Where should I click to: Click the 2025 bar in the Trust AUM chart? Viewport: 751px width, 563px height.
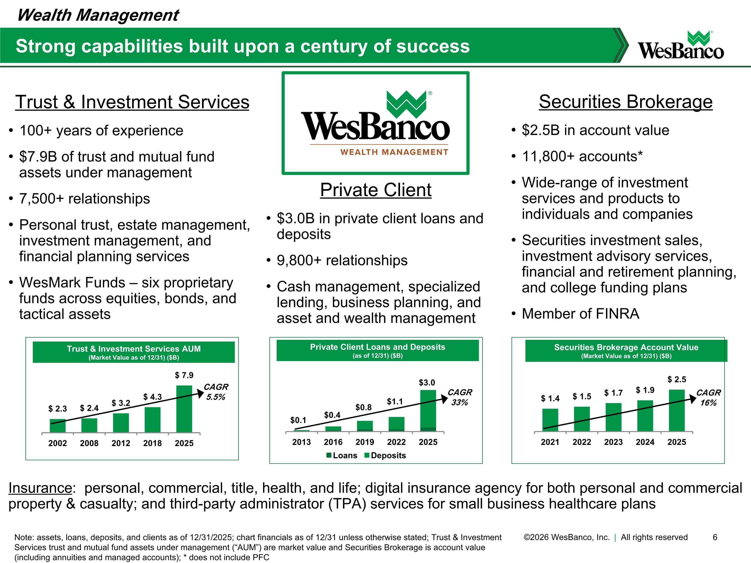click(184, 409)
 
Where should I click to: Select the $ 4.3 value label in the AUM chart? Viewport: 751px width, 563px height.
click(152, 397)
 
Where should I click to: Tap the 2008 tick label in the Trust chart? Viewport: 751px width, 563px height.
click(89, 443)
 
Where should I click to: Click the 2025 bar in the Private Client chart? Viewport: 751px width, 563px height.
click(428, 411)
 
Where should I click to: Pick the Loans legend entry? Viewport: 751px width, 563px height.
click(342, 455)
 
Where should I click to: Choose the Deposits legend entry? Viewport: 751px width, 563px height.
click(385, 455)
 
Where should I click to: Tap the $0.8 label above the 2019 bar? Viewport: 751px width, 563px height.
click(364, 407)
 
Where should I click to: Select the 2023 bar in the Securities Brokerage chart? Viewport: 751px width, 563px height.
click(614, 417)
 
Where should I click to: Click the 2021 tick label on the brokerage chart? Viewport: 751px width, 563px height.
click(550, 442)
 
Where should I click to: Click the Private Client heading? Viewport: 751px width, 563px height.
click(376, 190)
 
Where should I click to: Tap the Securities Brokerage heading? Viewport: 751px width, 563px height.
click(626, 102)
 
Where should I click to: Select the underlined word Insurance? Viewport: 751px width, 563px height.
click(40, 488)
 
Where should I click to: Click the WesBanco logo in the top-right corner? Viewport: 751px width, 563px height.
click(681, 46)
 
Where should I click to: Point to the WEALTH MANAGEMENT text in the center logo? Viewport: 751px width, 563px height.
click(395, 152)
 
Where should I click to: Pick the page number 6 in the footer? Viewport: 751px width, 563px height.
click(715, 537)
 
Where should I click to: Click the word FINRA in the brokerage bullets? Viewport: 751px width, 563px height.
click(618, 314)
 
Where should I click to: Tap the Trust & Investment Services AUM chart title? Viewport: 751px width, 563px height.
click(134, 349)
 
